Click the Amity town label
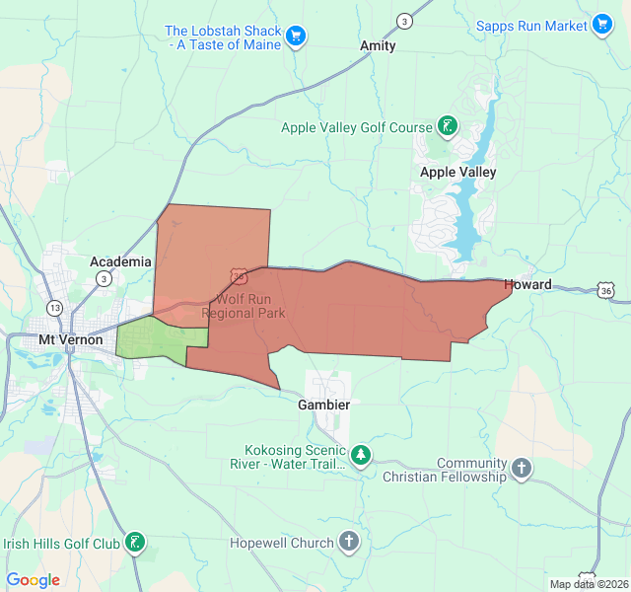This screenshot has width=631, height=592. click(378, 45)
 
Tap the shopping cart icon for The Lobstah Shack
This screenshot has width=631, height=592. click(296, 37)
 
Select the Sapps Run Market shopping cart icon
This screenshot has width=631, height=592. click(602, 25)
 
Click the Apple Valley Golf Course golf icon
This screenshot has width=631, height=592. click(449, 126)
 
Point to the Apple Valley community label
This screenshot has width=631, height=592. click(457, 172)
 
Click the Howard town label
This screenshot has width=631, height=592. click(527, 284)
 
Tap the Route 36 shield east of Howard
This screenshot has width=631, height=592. click(605, 290)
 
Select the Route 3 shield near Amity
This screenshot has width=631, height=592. click(404, 21)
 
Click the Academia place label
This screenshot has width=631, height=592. click(120, 261)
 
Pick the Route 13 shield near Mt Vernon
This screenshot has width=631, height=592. click(55, 308)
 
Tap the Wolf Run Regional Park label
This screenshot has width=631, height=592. click(244, 305)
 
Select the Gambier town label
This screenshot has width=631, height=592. click(324, 405)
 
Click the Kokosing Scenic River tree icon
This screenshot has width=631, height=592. click(362, 455)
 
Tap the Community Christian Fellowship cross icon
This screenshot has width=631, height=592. click(522, 468)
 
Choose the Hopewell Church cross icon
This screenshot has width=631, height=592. click(349, 541)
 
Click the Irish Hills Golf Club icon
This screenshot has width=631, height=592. click(136, 542)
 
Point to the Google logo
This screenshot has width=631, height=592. click(34, 580)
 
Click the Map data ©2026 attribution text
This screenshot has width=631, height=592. click(588, 584)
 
